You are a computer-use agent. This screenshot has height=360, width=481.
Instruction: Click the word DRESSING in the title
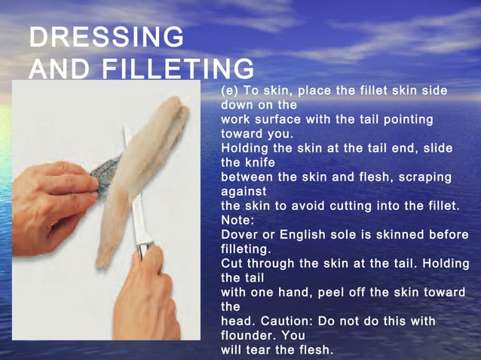point(106,37)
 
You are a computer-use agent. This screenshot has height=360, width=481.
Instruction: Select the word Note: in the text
point(237,220)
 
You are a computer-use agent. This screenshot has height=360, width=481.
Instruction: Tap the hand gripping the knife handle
point(148,294)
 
